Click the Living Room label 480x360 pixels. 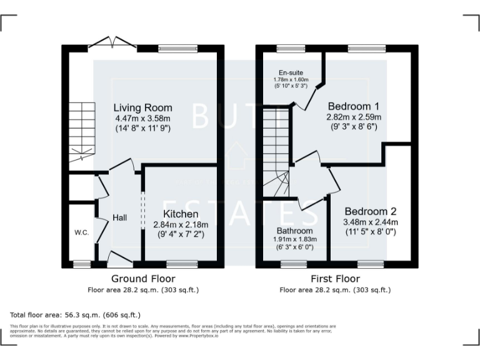tap(142, 107)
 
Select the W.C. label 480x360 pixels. tap(81, 233)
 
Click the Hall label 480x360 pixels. tap(120, 217)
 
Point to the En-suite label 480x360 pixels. tap(291, 72)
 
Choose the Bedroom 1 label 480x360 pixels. tap(353, 106)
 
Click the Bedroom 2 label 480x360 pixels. tap(370, 211)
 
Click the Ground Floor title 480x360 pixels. tap(143, 279)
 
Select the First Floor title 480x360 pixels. tap(335, 279)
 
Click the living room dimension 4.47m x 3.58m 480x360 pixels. tap(142, 118)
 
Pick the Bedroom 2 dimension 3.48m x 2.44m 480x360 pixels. tap(370, 222)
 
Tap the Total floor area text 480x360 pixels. tap(76, 315)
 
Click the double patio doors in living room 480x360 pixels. tap(112, 44)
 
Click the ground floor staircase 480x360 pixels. tap(81, 132)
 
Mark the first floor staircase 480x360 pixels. tap(276, 150)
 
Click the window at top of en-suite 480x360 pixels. tap(291, 48)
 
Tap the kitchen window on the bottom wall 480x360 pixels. tap(182, 264)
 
